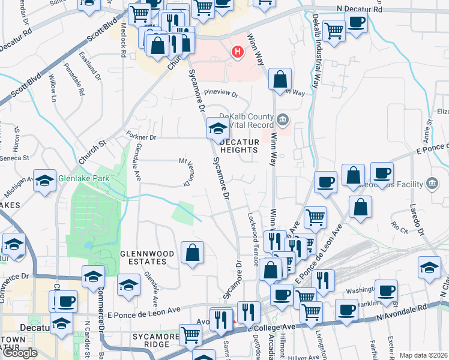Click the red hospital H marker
pyautogui.click(x=238, y=52)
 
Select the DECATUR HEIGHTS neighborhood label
pyautogui.click(x=240, y=146)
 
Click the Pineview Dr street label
pyautogui.click(x=221, y=94)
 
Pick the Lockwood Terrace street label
pyautogui.click(x=254, y=230)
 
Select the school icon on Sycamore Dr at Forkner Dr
pyautogui.click(x=217, y=127)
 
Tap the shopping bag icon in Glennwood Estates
pyautogui.click(x=192, y=253)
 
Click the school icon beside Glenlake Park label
pyautogui.click(x=44, y=180)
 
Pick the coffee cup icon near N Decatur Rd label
pyautogui.click(x=356, y=23)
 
